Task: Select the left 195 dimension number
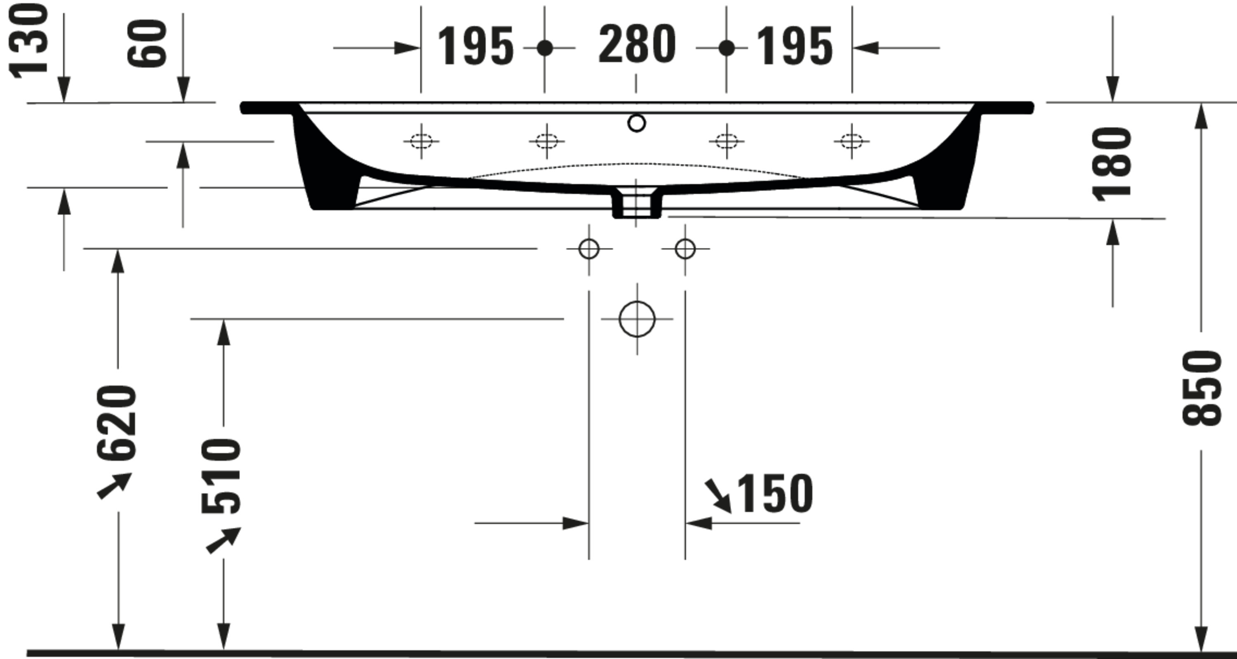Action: point(475,46)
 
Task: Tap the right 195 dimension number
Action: point(794,46)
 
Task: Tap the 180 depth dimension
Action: point(1112,163)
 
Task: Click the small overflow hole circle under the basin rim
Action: point(637,123)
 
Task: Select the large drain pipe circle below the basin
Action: point(637,319)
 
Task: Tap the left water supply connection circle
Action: point(589,249)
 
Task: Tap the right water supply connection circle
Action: point(685,249)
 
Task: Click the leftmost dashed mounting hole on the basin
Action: point(421,141)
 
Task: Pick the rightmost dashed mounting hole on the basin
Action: point(852,141)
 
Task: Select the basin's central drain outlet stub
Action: point(637,204)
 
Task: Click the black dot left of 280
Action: point(545,48)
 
